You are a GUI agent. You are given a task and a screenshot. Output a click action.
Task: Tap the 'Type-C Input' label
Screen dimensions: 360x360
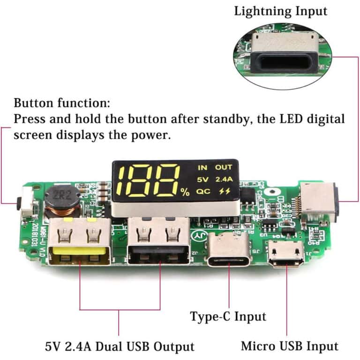point(228,316)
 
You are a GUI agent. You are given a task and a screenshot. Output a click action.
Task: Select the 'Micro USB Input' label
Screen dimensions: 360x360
point(289,346)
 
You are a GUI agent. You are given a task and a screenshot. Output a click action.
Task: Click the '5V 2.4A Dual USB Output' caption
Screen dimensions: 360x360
point(120,347)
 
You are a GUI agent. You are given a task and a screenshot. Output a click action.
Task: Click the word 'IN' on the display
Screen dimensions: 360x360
point(202,167)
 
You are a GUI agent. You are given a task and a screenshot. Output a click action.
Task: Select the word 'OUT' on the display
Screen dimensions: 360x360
point(224,167)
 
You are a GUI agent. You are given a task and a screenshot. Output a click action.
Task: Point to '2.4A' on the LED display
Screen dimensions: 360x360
point(224,179)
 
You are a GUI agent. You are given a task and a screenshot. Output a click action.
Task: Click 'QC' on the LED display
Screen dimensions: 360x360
point(203,191)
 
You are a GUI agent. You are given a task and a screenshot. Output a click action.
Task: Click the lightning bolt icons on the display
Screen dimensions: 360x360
point(224,191)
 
